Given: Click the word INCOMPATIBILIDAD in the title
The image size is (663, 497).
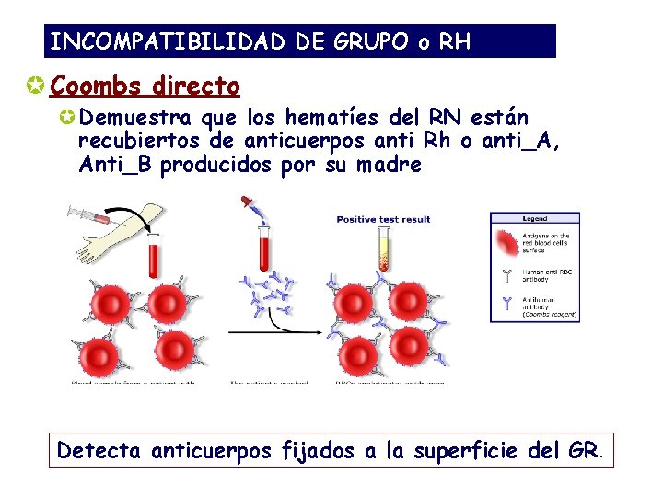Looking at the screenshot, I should pos(169,42).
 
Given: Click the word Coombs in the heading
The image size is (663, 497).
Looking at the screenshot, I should pos(97,87).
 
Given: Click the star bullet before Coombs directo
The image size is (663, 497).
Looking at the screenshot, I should pos(37,87).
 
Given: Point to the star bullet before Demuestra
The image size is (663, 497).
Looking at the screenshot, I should pos(67,119).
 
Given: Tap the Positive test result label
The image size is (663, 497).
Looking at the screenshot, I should pos(383,219).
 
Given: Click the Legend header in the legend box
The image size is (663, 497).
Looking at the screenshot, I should pos(535,219).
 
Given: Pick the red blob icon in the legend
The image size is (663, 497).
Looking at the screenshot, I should pos(507,243).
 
